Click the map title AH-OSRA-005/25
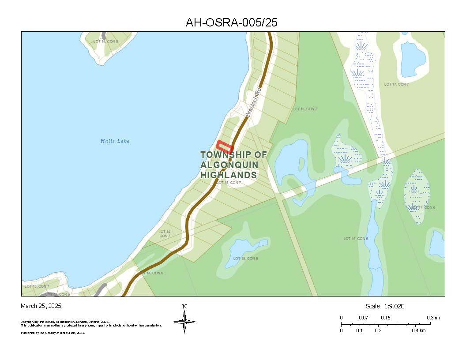231,22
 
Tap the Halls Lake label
115,141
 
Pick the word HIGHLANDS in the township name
229,175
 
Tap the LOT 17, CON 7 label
396,84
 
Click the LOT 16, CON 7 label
305,109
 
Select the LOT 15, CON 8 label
105,41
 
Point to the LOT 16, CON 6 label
356,239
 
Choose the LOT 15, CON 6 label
245,259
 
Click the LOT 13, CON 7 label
37,286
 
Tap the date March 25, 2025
41,306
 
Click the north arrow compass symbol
184,322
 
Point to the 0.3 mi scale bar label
433,318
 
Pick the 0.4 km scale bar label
419,330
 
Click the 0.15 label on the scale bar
385,318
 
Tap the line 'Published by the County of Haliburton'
53,333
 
